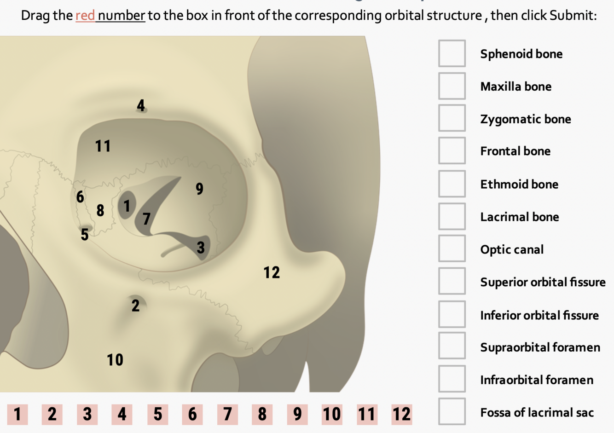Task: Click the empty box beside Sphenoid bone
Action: [x=452, y=53]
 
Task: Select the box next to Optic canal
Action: [x=452, y=248]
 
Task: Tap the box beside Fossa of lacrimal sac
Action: [x=452, y=411]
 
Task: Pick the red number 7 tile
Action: [x=227, y=414]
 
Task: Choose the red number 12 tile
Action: [x=401, y=414]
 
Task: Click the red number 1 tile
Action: [x=17, y=414]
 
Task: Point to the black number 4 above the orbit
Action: [x=141, y=106]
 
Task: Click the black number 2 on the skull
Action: [x=135, y=306]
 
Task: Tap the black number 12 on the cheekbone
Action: [x=272, y=272]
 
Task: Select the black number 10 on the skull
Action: [x=115, y=360]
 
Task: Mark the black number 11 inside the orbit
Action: [x=103, y=146]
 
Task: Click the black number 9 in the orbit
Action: [x=199, y=189]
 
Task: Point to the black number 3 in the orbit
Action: [x=201, y=248]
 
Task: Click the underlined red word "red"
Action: [x=85, y=16]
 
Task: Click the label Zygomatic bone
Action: [x=525, y=119]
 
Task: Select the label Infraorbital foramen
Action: [x=536, y=380]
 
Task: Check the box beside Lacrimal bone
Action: [x=452, y=216]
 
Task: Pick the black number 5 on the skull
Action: [x=85, y=235]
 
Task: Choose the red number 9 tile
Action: [x=297, y=414]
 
